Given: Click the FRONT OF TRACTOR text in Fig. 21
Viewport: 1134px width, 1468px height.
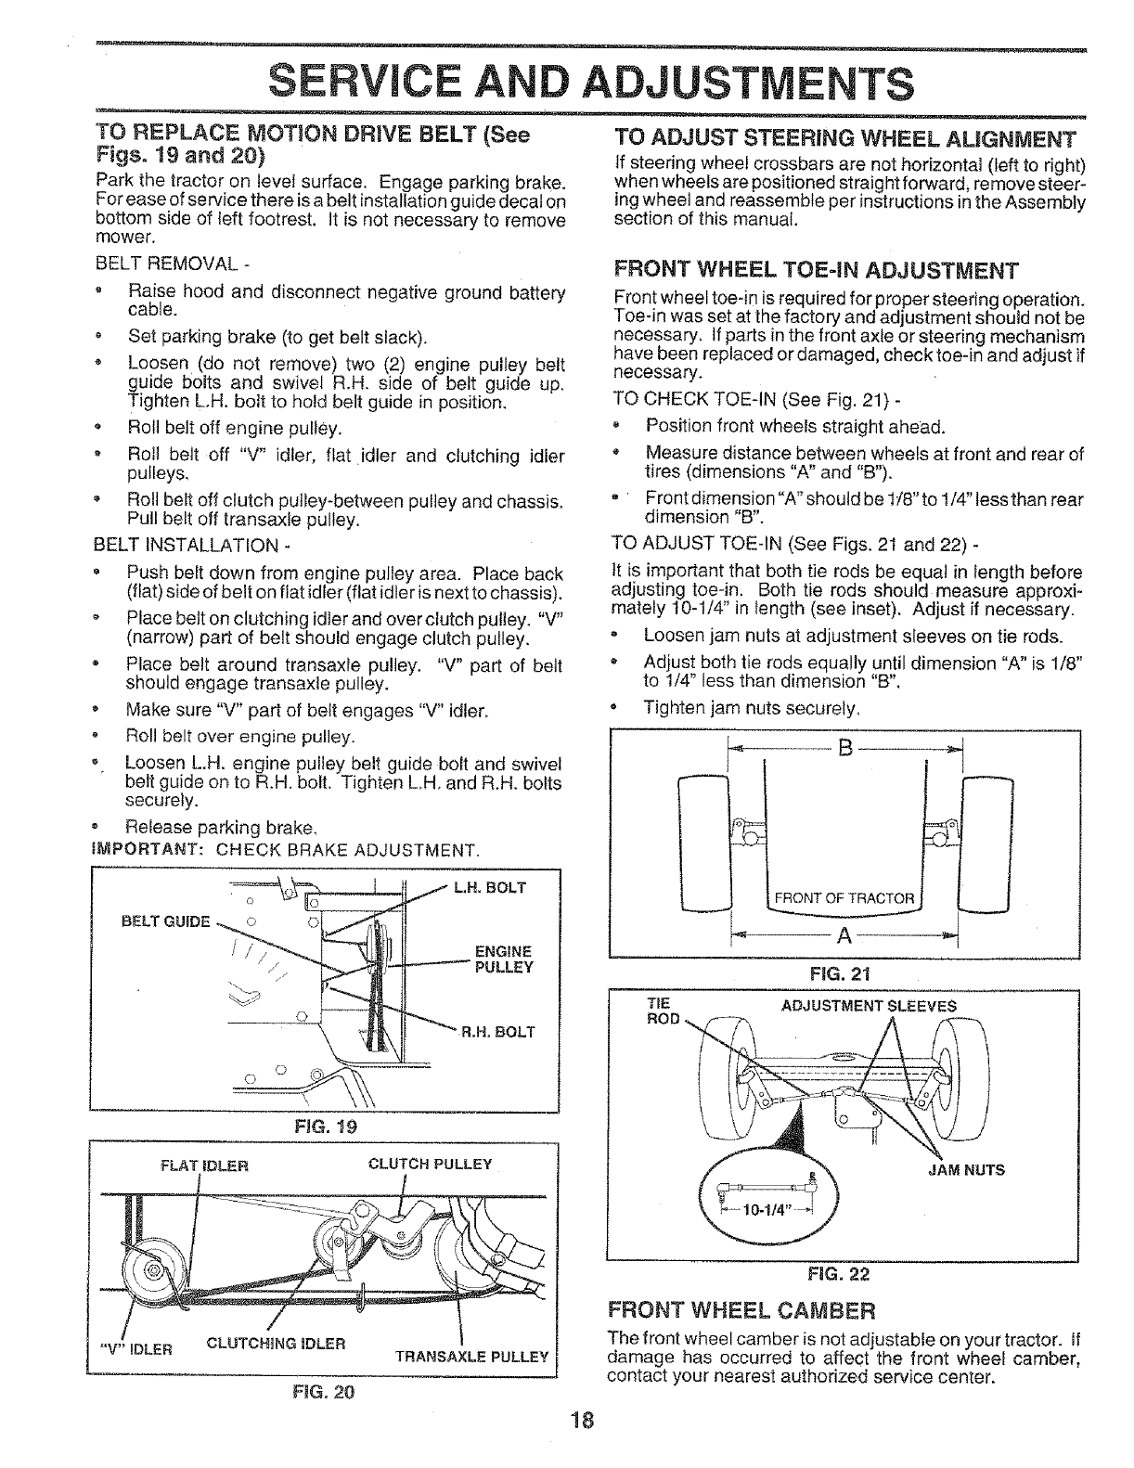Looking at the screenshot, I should tap(844, 898).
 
